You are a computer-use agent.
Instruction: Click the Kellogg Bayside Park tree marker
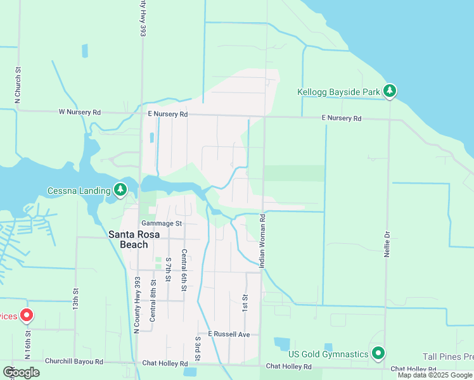390,92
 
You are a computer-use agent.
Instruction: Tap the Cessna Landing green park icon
120,189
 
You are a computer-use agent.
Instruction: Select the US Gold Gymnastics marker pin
378,353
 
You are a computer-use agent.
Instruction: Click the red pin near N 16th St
27,315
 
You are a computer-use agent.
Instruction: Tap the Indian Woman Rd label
262,239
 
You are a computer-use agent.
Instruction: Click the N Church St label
18,85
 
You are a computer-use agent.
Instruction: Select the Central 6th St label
184,270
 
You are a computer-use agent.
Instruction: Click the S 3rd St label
197,349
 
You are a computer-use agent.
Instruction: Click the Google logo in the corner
21,372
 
